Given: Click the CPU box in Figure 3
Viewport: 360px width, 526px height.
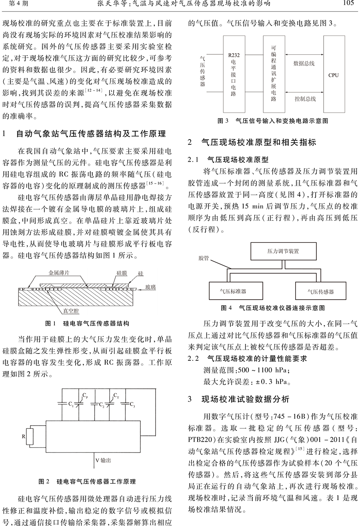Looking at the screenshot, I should point(333,75).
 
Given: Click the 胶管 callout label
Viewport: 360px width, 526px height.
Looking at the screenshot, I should point(204,258).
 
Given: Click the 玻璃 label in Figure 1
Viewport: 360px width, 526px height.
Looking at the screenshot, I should point(150,287).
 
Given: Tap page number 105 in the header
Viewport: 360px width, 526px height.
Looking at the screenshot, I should point(349,4).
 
